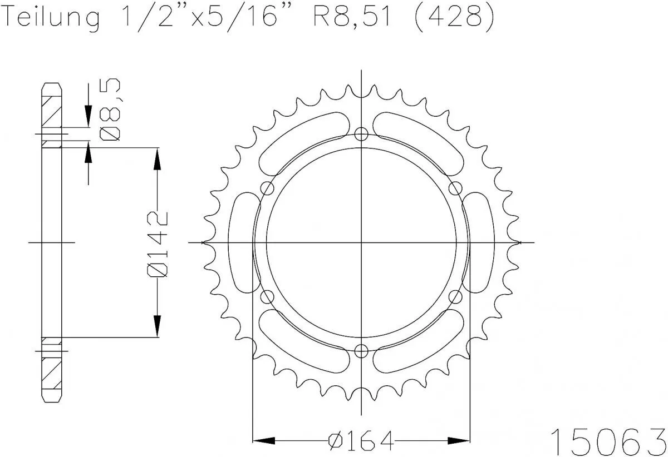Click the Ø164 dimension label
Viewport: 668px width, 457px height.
pyautogui.click(x=361, y=441)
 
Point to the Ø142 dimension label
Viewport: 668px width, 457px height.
pyautogui.click(x=158, y=243)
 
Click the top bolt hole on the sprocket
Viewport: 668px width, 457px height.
pyautogui.click(x=362, y=134)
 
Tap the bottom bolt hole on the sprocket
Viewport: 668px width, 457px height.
pyautogui.click(x=362, y=351)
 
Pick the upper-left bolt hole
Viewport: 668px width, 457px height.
pyautogui.click(x=268, y=188)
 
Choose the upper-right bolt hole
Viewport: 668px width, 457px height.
pyautogui.click(x=456, y=188)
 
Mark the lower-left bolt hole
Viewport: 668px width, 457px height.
pyautogui.click(x=268, y=297)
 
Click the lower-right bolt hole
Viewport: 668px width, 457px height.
pyautogui.click(x=456, y=297)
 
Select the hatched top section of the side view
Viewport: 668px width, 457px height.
pyautogui.click(x=51, y=114)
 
